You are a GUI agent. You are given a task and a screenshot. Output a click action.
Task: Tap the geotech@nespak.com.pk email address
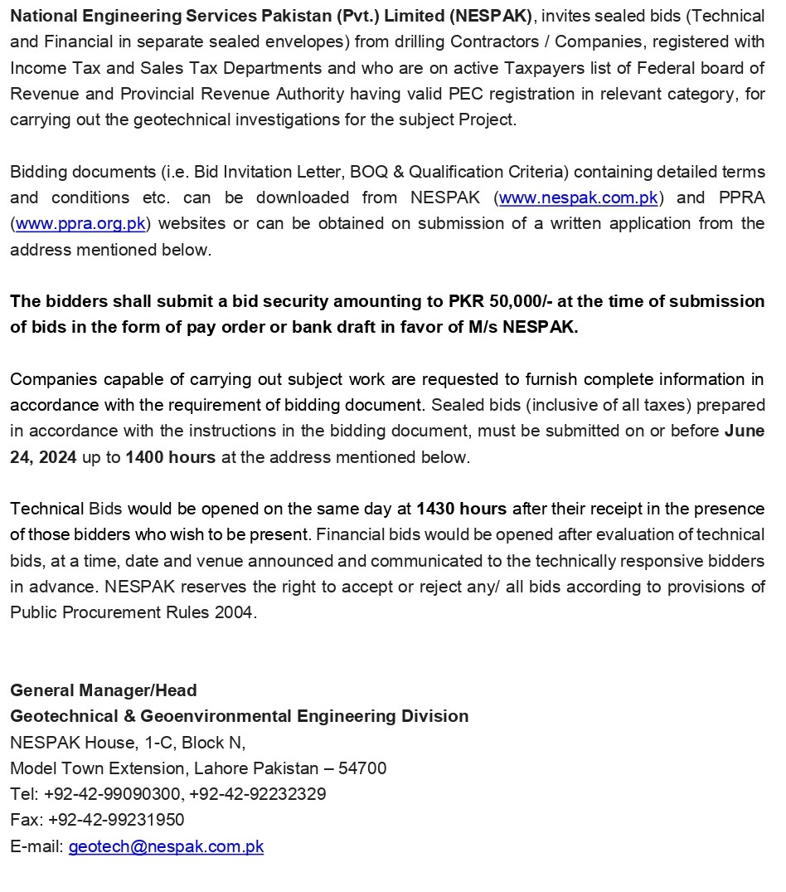click(x=166, y=847)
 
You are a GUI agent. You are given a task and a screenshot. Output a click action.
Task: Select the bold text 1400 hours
click(x=171, y=457)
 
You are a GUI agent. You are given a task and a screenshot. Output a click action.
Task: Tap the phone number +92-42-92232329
click(x=258, y=794)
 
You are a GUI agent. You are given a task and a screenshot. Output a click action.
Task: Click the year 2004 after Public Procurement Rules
click(x=240, y=613)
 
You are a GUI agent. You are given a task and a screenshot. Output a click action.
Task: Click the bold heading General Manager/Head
click(x=104, y=690)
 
